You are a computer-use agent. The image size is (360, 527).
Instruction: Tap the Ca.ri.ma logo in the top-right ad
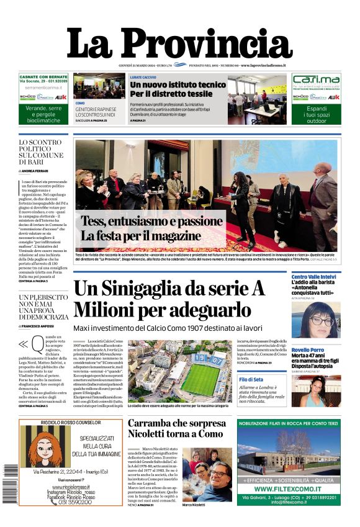316,80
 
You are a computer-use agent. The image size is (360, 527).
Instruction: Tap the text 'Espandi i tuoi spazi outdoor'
316,116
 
